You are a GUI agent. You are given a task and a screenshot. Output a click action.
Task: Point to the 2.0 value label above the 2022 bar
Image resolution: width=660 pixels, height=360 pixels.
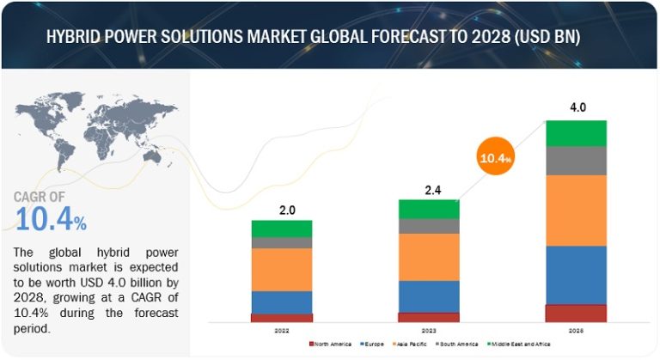(281, 209)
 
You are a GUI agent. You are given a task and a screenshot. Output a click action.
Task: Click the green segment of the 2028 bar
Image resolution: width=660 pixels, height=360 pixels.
(576, 133)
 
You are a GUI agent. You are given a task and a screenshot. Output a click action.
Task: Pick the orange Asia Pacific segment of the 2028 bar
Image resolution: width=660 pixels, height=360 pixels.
(576, 211)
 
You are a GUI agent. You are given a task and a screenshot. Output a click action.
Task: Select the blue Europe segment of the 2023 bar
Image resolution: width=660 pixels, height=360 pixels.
(429, 296)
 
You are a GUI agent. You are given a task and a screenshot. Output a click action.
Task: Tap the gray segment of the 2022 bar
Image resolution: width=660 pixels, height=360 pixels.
(281, 242)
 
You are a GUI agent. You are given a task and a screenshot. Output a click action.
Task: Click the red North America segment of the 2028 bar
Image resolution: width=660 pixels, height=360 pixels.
(576, 314)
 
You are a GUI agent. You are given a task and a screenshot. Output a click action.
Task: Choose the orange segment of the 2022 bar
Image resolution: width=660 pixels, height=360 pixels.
(281, 269)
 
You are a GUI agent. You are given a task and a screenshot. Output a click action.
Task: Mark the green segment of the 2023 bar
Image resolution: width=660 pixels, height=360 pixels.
(429, 209)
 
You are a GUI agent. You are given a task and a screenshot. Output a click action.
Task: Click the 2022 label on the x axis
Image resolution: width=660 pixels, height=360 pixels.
(281, 331)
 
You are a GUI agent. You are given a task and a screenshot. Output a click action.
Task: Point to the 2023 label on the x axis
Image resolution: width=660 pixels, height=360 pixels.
(429, 331)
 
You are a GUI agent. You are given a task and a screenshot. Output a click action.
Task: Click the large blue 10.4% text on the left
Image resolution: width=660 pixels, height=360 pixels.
(50, 222)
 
